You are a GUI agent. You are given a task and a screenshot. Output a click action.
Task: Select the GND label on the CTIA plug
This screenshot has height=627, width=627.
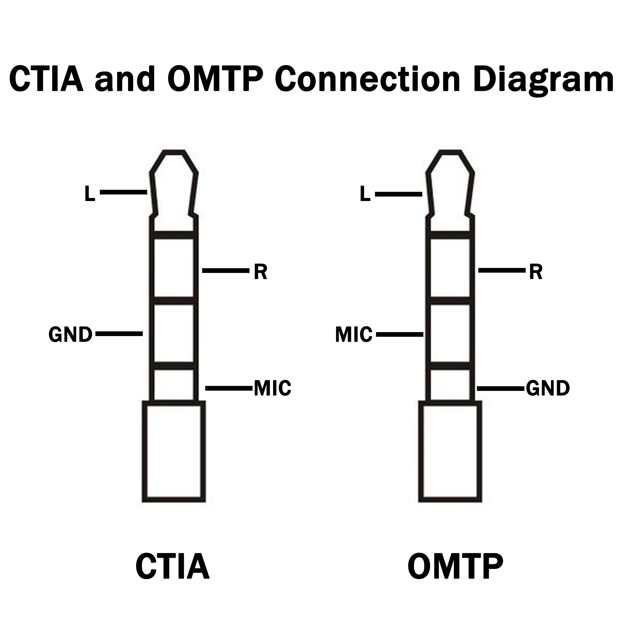[x=71, y=335]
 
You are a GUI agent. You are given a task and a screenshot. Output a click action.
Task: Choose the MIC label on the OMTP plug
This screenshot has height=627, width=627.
[x=354, y=335]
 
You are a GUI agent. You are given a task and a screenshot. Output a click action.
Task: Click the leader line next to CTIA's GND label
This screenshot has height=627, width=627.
[x=119, y=334]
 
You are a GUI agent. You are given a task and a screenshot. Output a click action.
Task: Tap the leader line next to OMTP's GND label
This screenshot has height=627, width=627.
[x=501, y=388]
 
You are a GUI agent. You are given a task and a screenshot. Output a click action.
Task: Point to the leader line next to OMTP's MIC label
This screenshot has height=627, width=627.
[x=400, y=334]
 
